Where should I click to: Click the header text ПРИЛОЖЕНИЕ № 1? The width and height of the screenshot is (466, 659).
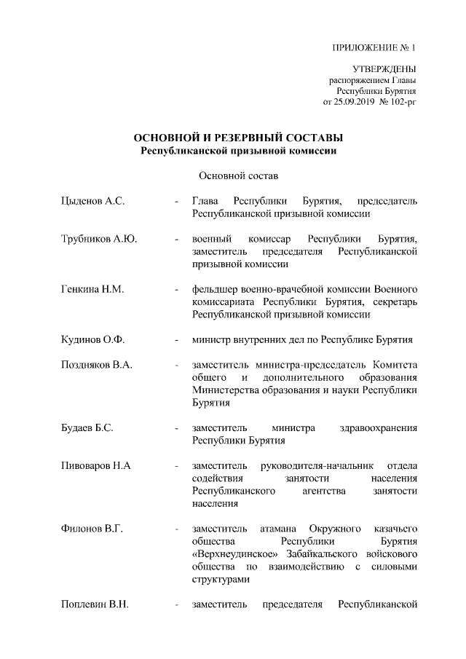(374, 50)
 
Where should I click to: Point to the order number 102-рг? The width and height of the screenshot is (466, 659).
(402, 102)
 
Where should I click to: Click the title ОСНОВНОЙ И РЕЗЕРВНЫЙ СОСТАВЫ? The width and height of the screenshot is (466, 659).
(238, 138)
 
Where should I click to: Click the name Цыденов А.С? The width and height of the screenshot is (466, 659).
(93, 201)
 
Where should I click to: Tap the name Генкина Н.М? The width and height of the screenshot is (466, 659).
(93, 289)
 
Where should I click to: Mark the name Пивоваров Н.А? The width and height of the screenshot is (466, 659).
(97, 465)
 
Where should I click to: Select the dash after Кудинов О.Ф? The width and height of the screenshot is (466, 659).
(177, 339)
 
